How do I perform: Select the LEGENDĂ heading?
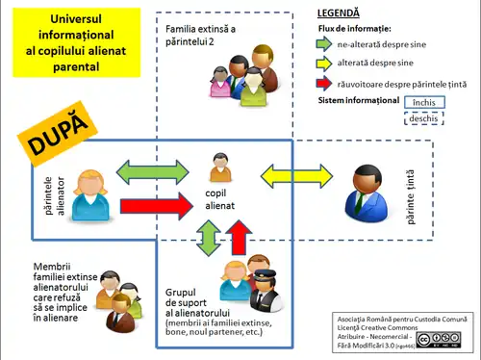click(338, 13)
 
